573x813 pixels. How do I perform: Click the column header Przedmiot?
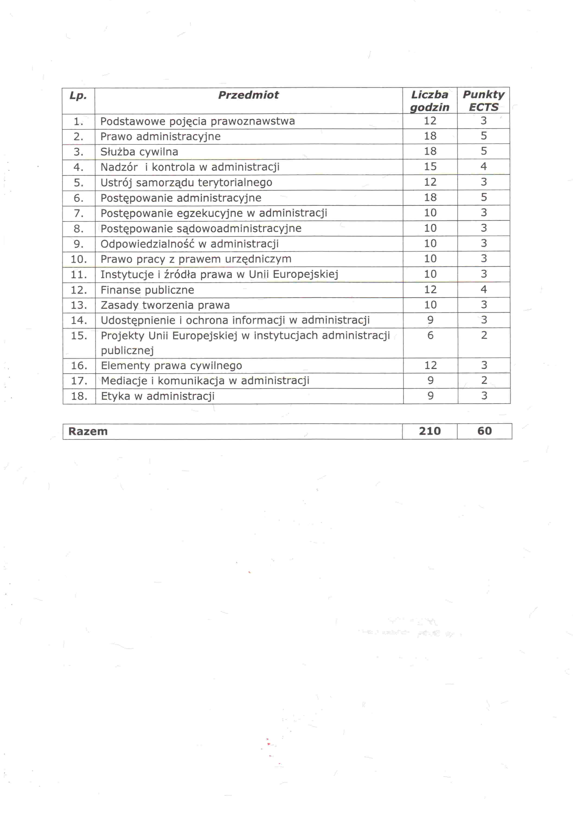[x=248, y=95]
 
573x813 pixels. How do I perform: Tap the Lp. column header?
[x=78, y=96]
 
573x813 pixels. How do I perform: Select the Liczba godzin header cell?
[x=430, y=101]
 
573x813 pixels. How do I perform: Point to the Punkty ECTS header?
[x=483, y=101]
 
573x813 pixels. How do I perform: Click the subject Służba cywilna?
[x=139, y=152]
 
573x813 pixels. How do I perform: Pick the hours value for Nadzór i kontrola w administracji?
[x=430, y=166]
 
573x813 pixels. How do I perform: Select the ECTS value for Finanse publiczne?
[x=483, y=290]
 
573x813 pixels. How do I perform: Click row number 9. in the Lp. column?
[x=78, y=244]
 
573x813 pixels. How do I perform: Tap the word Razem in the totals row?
[x=88, y=431]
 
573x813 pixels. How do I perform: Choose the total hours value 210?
[x=430, y=431]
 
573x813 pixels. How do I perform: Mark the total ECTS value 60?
[x=484, y=431]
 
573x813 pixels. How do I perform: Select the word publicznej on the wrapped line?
[x=127, y=351]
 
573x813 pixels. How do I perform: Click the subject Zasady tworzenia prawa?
[x=165, y=305]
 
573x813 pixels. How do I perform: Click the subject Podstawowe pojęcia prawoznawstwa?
[x=198, y=121]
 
